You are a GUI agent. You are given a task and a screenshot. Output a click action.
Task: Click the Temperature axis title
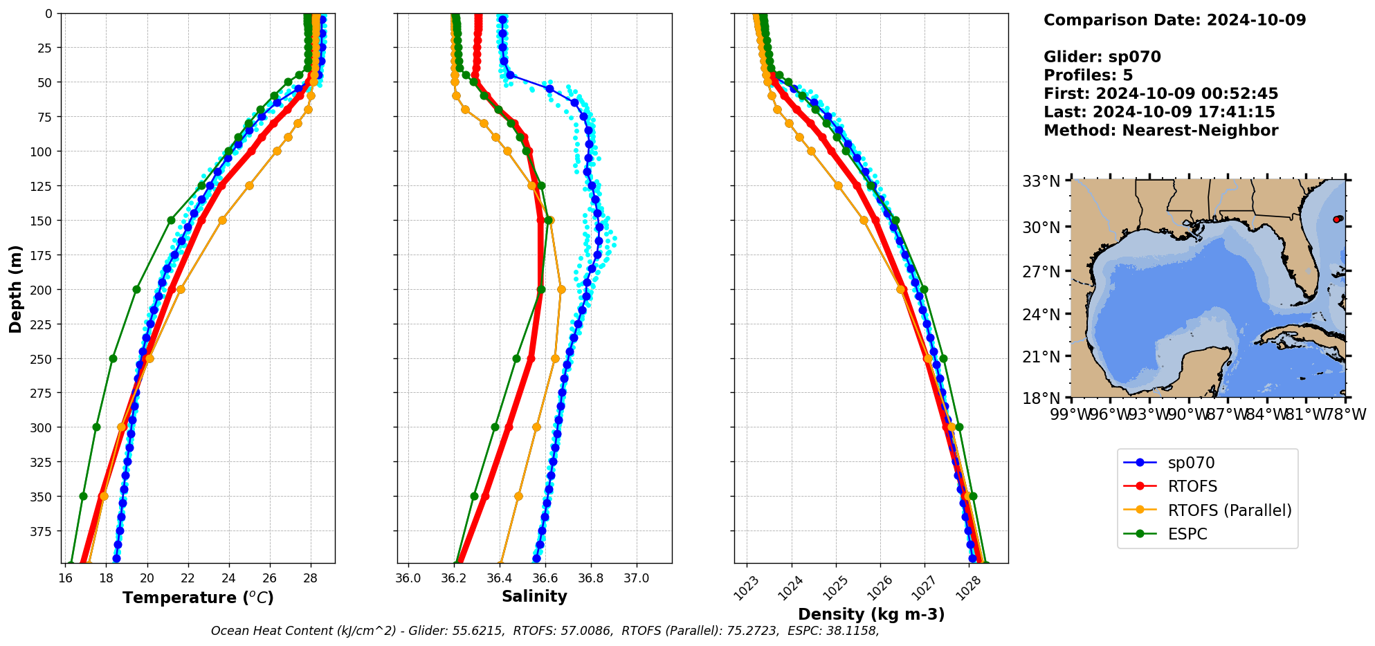[198, 598]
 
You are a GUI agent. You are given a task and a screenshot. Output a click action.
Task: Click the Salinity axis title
[534, 596]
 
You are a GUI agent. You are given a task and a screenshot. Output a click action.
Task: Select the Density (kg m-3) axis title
[871, 614]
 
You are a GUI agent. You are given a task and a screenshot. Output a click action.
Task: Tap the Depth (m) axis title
[15, 288]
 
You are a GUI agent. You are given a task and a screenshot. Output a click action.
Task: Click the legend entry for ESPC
[1187, 534]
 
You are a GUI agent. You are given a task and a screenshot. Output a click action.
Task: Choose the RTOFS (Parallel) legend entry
[1230, 510]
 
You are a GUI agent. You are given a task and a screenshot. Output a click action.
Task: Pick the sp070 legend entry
[1191, 463]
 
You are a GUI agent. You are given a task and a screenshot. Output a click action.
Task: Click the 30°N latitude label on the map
[1041, 228]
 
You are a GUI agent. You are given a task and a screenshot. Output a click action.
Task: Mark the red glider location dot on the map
[1337, 219]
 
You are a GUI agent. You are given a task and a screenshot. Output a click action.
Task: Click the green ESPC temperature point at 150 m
[171, 220]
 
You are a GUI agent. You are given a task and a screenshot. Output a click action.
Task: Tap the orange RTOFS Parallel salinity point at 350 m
[518, 496]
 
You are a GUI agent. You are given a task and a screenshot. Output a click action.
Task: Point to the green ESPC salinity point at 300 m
[495, 427]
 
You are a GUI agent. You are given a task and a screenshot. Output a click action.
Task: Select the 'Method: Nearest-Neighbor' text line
[1160, 131]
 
